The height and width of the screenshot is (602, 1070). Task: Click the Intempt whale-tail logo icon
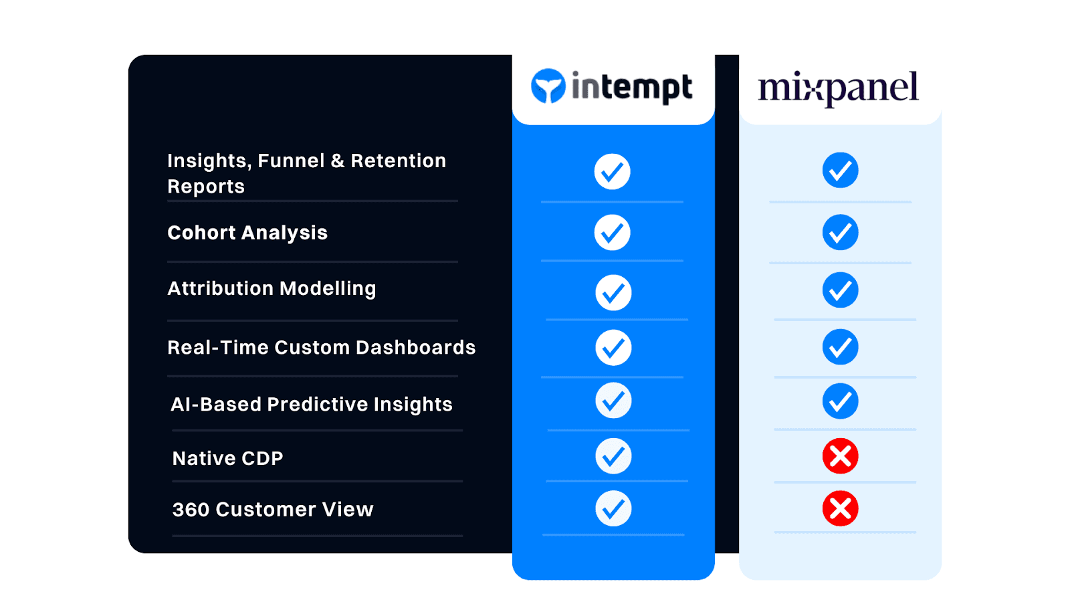[548, 86]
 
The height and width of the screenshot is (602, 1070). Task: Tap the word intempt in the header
[631, 88]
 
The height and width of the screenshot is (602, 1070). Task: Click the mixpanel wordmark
[838, 88]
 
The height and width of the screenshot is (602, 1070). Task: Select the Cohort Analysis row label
[247, 233]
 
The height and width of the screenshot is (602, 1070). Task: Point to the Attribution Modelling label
[272, 288]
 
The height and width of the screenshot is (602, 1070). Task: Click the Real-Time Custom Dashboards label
[321, 347]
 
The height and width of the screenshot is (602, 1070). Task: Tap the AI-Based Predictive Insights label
[312, 404]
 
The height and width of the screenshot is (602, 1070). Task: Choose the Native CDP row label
[227, 458]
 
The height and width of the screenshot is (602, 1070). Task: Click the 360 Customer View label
[273, 509]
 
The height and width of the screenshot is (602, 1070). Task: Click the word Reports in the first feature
[206, 187]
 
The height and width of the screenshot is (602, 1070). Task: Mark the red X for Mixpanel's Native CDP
[840, 456]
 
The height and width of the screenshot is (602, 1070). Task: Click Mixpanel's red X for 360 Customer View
[840, 508]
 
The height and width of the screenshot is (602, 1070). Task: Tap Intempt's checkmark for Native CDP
[613, 456]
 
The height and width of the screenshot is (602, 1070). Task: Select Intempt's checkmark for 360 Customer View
[613, 508]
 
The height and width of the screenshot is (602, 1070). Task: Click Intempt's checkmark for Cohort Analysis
[612, 233]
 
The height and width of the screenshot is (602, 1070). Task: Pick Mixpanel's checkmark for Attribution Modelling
[840, 290]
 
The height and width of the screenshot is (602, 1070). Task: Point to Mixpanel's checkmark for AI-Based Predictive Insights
[840, 401]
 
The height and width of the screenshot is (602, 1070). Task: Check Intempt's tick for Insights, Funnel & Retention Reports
[612, 172]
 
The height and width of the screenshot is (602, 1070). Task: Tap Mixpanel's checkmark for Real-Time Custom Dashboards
[840, 347]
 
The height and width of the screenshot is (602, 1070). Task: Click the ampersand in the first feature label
[338, 161]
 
